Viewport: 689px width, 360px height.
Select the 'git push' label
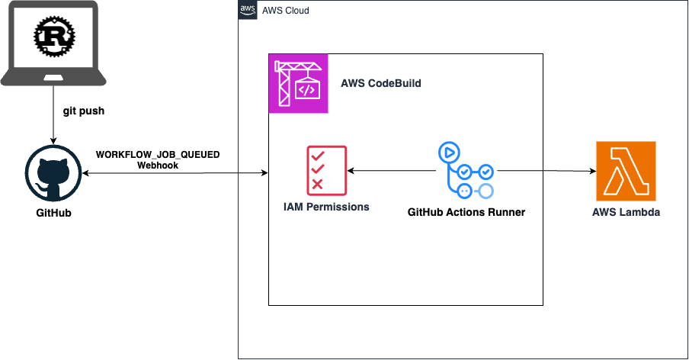[x=83, y=111]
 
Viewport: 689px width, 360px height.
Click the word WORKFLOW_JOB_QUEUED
[x=158, y=154]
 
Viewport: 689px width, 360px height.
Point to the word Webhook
[x=158, y=165]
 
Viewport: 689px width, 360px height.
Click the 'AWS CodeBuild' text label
[x=380, y=83]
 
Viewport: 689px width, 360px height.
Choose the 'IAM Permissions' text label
[x=325, y=207]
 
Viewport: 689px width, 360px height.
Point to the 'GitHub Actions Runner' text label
[x=466, y=212]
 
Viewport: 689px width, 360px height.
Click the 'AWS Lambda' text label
[x=626, y=212]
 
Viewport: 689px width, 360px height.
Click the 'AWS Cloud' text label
[x=286, y=11]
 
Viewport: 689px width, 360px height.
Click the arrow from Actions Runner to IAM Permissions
[x=393, y=172]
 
